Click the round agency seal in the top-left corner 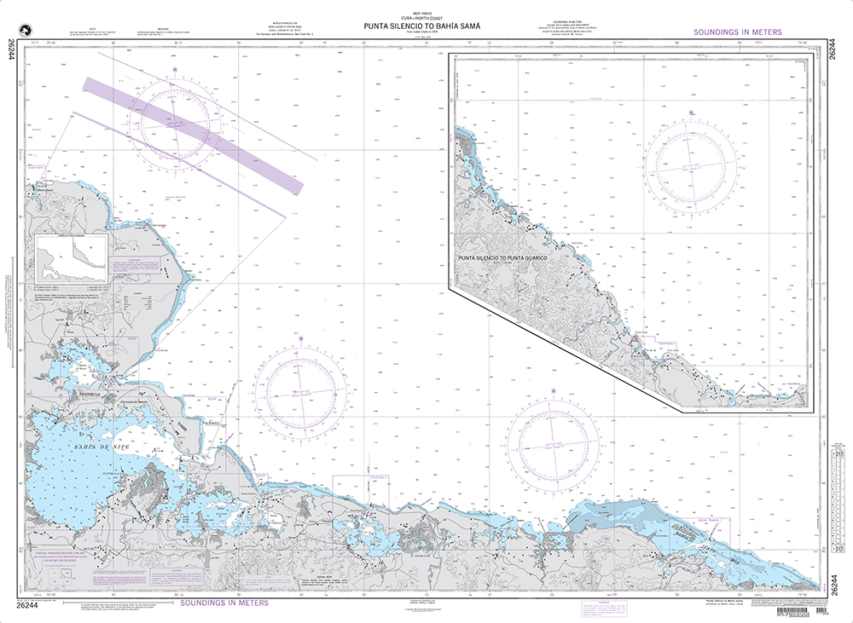(x=35, y=28)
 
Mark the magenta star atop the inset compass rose (x=692, y=112)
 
